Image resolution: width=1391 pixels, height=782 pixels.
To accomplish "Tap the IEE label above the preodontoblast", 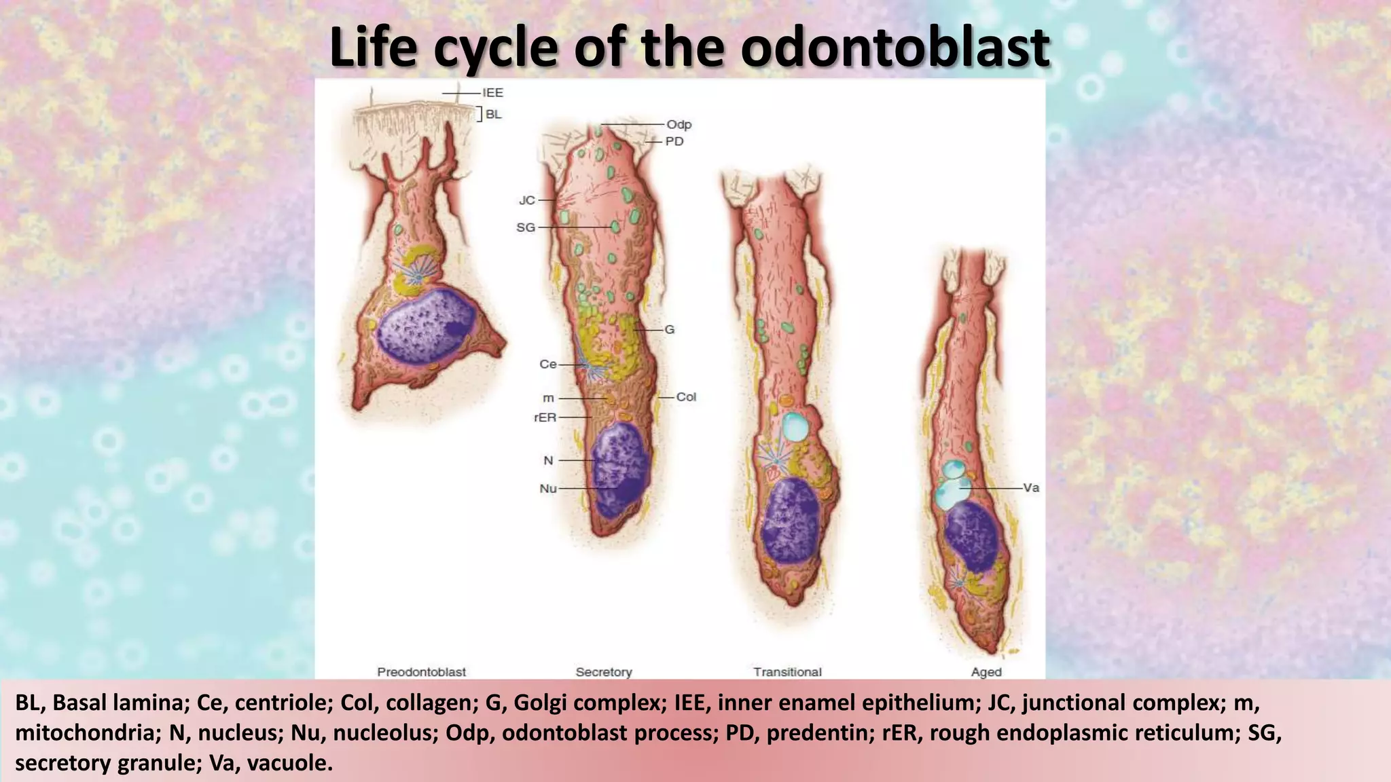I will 492,93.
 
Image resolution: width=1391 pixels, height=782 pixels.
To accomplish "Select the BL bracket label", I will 493,114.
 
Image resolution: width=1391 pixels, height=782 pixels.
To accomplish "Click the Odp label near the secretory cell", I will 679,124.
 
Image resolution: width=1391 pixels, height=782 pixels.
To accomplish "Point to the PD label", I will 674,141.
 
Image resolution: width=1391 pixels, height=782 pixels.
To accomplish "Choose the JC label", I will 527,200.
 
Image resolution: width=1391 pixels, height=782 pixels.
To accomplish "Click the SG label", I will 526,227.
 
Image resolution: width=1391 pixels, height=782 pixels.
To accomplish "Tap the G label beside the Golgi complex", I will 669,329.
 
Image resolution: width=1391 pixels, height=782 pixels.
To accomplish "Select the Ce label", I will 547,365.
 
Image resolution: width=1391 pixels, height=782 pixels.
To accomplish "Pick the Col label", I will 686,396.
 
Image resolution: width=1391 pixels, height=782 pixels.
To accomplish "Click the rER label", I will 545,417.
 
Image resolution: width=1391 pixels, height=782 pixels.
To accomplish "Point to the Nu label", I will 547,488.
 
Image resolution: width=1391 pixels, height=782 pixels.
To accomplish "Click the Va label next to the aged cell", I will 1030,487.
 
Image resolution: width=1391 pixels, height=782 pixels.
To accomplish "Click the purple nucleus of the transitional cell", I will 790,520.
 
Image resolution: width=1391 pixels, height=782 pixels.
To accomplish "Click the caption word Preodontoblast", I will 421,672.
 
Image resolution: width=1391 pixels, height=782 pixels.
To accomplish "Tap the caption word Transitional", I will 787,672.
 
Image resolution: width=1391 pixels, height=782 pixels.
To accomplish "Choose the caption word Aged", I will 986,672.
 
